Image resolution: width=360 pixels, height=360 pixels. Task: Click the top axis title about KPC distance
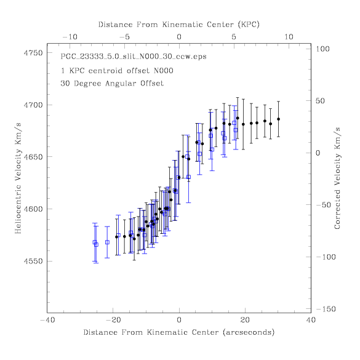[179, 25]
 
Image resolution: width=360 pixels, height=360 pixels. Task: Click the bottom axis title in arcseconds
[179, 332]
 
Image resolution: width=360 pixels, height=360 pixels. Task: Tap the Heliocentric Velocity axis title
[18, 178]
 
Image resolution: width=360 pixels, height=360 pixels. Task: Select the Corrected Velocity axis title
[337, 178]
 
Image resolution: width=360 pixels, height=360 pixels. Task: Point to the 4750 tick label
[33, 53]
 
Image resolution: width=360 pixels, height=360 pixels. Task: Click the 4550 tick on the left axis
[33, 261]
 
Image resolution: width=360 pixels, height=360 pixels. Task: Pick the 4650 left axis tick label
[33, 157]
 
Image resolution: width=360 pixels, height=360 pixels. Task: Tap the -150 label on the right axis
[326, 309]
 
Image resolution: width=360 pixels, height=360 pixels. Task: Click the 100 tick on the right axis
[322, 49]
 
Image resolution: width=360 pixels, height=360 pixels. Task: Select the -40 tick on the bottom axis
[47, 320]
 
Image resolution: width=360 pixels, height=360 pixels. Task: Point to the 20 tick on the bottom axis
[245, 320]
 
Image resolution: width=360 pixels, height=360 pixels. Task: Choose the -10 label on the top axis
[70, 37]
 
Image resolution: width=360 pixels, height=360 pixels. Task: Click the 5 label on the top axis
[234, 37]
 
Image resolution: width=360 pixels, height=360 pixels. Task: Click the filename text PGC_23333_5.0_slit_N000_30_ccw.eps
[134, 57]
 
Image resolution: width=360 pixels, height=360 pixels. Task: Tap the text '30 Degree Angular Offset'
[112, 83]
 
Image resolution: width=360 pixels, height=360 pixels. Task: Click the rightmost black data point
[279, 119]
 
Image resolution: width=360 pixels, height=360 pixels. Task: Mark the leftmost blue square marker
[95, 242]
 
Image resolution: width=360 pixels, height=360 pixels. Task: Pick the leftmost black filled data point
[116, 237]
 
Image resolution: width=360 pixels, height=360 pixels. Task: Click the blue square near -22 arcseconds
[107, 242]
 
